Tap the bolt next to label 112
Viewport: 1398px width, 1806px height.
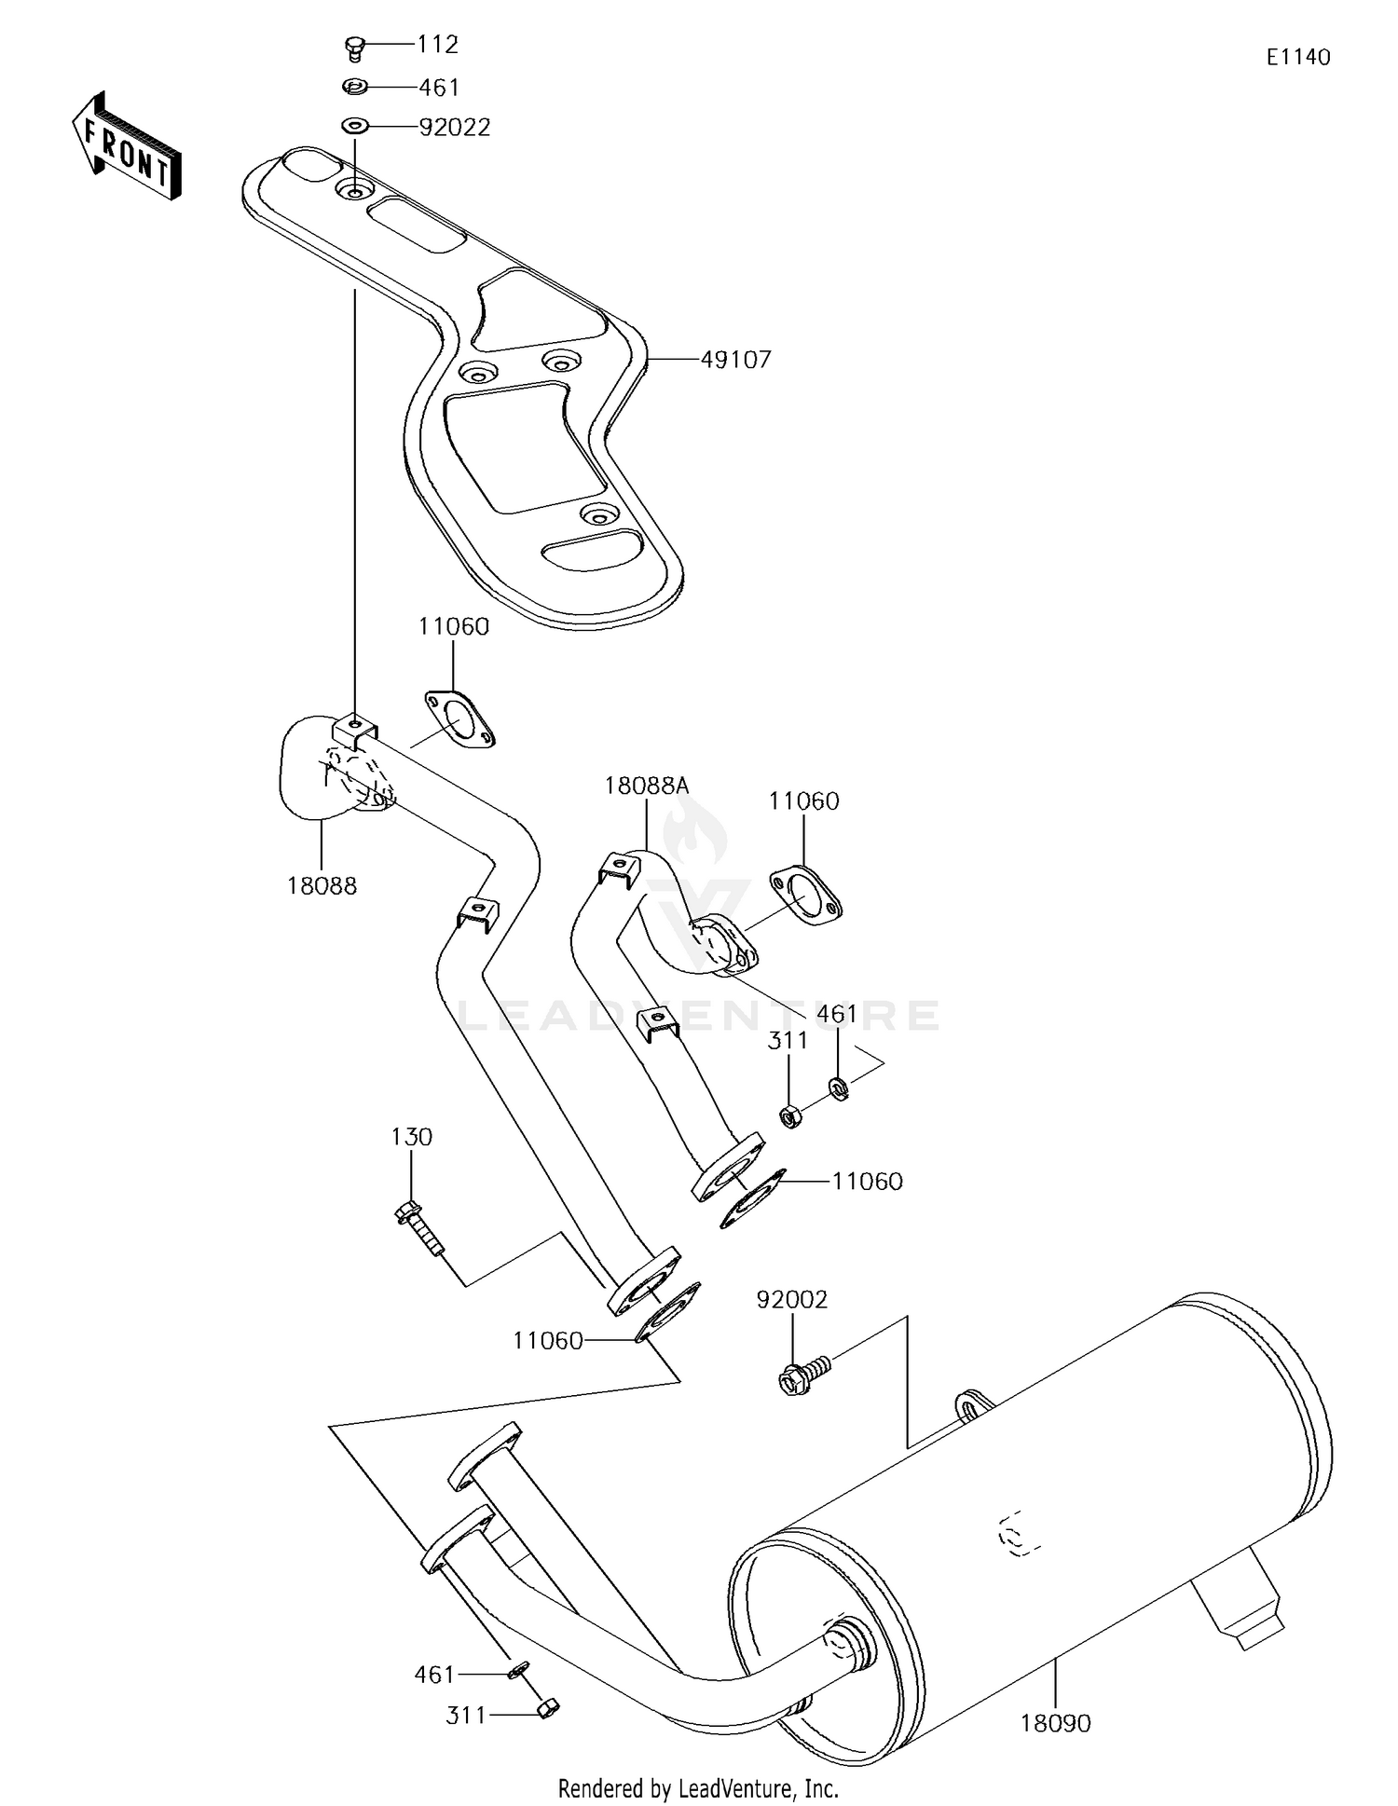coord(354,46)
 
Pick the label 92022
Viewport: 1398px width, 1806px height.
coord(454,128)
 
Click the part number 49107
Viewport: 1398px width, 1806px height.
coord(735,360)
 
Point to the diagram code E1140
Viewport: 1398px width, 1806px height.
coord(1298,57)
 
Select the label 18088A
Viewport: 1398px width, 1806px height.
coord(646,786)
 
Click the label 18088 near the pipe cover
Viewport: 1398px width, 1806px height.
coord(322,886)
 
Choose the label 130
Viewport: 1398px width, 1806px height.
coord(411,1137)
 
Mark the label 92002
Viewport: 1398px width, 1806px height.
coord(791,1299)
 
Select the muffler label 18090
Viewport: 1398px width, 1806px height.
coord(1055,1724)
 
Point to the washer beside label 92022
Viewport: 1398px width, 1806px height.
coord(355,124)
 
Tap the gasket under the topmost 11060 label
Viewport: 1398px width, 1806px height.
coord(459,719)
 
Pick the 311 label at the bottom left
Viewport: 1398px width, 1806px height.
coord(467,1715)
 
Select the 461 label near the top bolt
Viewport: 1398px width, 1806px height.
coord(439,88)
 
